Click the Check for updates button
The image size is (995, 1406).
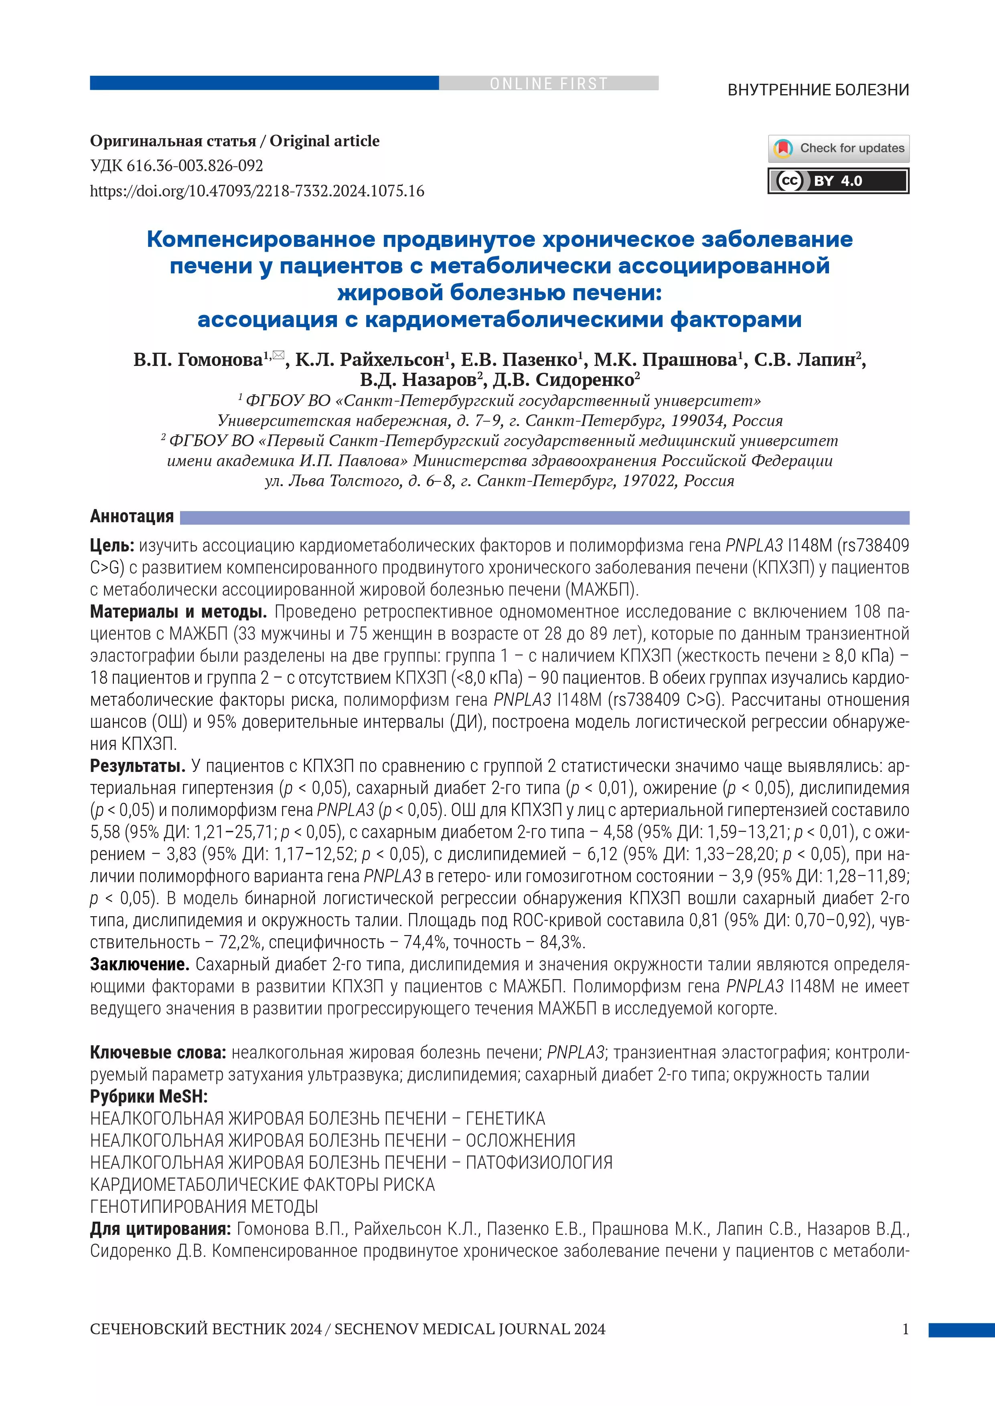coord(838,148)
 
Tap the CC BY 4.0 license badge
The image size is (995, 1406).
coord(838,181)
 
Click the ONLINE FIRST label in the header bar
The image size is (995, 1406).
coord(548,83)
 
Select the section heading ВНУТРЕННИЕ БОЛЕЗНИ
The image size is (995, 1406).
coord(818,90)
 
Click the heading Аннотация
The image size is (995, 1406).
coord(132,516)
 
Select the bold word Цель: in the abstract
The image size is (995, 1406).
coord(112,545)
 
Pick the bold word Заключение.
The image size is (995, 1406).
coord(140,964)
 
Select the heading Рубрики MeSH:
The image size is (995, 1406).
coord(149,1097)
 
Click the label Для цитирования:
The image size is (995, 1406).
coord(160,1229)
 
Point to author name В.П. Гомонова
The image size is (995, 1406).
coord(198,360)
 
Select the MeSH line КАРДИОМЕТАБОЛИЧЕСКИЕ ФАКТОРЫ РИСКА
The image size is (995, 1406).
coord(262,1185)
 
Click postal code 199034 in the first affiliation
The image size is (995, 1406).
coord(695,421)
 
